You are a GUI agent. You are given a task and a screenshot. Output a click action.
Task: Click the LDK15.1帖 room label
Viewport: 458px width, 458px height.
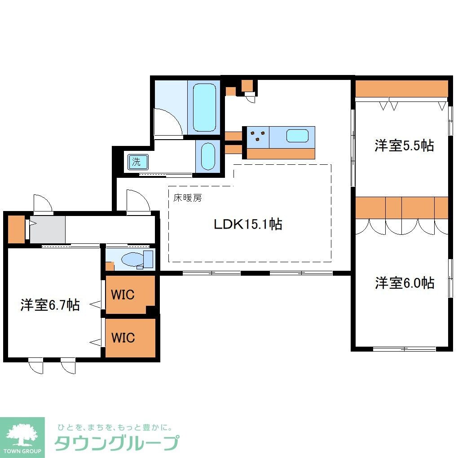pos(247,224)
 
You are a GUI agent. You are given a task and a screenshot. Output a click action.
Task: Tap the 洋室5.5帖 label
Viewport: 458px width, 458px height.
pos(404,145)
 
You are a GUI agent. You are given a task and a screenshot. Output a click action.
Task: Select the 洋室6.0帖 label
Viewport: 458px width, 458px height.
pos(405,283)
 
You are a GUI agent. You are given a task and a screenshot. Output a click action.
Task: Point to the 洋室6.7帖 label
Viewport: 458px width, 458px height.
pos(50,305)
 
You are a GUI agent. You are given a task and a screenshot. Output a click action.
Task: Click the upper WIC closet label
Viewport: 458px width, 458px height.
pos(123,295)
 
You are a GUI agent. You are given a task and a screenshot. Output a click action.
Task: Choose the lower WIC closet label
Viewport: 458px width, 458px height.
pos(123,337)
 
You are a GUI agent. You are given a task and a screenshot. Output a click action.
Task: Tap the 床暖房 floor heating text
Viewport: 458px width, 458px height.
pos(188,198)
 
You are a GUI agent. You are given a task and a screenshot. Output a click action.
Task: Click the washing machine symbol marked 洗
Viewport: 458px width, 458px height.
pos(135,162)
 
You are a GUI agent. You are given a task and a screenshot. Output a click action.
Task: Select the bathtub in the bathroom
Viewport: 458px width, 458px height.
pos(204,107)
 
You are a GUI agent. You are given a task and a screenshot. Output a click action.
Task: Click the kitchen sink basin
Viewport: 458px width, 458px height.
pos(297,136)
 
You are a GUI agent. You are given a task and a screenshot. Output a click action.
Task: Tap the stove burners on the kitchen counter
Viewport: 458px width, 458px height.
pos(257,136)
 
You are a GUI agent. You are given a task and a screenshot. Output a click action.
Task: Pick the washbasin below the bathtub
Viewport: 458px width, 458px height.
pos(207,156)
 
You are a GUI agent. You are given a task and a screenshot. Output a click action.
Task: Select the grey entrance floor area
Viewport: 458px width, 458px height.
pos(48,230)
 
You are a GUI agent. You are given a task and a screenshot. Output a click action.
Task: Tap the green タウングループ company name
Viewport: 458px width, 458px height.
pos(117,443)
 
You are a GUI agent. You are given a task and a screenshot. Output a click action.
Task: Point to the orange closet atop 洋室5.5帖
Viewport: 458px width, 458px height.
pos(401,88)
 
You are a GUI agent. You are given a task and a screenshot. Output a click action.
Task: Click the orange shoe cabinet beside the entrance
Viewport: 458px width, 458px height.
pos(16,229)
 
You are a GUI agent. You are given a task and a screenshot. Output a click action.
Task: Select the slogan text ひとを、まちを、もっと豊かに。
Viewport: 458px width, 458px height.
pos(114,427)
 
